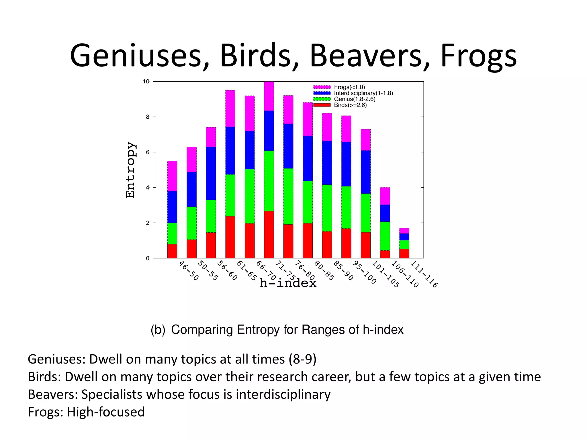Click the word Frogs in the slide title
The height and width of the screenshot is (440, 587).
[478, 56]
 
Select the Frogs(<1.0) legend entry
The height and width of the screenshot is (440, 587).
[349, 87]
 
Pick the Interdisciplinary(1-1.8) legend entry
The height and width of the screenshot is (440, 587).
[363, 93]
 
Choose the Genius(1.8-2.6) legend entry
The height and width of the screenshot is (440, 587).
[354, 99]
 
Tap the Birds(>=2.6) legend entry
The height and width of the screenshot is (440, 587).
[350, 105]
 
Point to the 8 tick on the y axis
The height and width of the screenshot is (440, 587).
[148, 117]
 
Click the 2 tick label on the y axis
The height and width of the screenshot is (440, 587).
[148, 223]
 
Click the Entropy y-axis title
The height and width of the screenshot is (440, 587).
[130, 170]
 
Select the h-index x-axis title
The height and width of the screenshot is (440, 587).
[288, 283]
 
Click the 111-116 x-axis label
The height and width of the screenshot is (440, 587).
[424, 274]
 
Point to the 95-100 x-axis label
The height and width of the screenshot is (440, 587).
[364, 272]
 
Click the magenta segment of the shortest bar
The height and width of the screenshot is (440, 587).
[404, 231]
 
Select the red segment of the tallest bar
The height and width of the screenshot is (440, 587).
[269, 234]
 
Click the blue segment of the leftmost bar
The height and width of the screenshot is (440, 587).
[172, 207]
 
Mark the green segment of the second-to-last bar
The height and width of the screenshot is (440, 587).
[385, 236]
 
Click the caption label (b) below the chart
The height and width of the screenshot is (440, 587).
[158, 330]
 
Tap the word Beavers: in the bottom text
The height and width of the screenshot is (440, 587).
[53, 394]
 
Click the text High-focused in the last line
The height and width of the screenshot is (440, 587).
[106, 412]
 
